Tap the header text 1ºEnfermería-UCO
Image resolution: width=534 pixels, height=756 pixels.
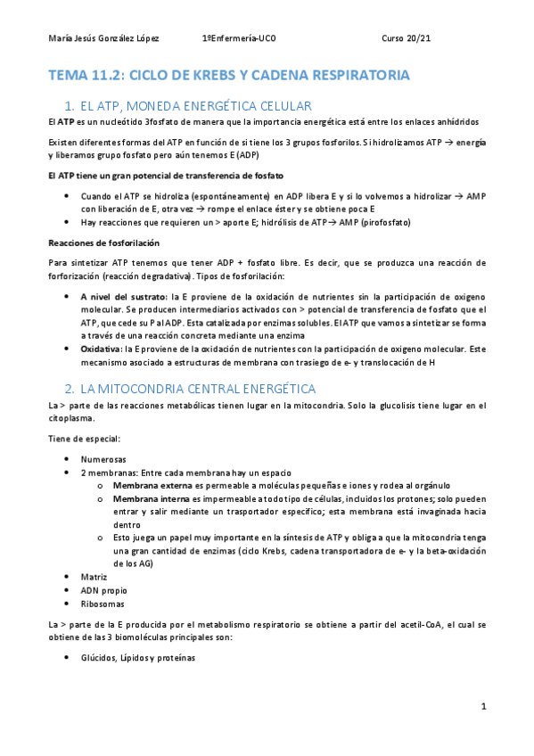click(x=240, y=39)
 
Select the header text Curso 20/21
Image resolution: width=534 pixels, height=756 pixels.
click(x=407, y=39)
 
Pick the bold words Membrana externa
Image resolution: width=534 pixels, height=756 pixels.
click(x=155, y=484)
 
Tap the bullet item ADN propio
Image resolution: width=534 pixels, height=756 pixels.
click(x=102, y=590)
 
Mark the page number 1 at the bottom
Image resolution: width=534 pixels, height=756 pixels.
click(x=482, y=706)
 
